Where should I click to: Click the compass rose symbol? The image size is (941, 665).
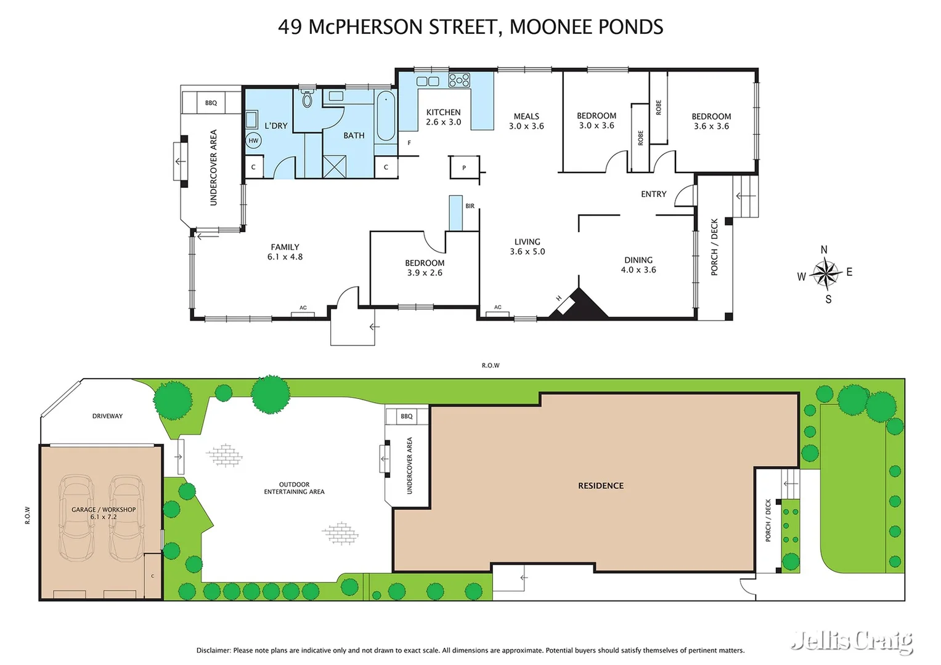tap(825, 273)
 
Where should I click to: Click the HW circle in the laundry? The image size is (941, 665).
tap(253, 140)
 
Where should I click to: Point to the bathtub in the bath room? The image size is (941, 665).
tap(386, 116)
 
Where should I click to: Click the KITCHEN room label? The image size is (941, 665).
tap(443, 112)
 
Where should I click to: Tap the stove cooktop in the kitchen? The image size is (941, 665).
tap(459, 80)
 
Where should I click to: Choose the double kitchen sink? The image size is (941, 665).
tap(428, 81)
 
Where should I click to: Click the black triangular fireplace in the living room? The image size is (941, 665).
tap(582, 306)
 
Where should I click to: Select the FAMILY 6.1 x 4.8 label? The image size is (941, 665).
tap(285, 252)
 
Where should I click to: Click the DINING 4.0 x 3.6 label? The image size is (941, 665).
tap(638, 265)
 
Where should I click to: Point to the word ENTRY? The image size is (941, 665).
tap(653, 194)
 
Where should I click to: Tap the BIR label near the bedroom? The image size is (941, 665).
tap(470, 206)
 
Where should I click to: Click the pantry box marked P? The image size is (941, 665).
tap(464, 167)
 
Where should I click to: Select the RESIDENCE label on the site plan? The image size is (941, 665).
tap(600, 486)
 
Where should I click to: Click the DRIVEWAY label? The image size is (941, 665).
tap(107, 416)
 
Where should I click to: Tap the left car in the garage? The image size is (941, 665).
tap(76, 517)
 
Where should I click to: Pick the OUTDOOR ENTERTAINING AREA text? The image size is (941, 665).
tap(294, 488)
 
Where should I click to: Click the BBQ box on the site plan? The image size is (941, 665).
tap(407, 416)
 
